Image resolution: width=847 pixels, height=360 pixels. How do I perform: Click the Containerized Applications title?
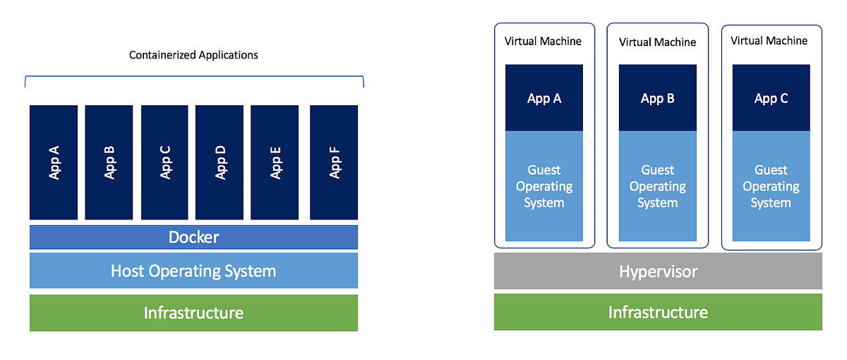click(193, 55)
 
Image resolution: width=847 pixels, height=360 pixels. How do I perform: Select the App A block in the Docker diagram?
click(53, 162)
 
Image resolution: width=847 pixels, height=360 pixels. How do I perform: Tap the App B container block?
click(109, 162)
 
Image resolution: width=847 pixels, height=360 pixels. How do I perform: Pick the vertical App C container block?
click(164, 162)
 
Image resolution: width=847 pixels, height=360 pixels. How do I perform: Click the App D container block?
click(219, 162)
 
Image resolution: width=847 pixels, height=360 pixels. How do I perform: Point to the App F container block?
click(334, 162)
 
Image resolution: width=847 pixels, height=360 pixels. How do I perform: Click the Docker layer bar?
click(193, 237)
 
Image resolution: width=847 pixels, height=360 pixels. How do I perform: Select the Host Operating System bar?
click(193, 270)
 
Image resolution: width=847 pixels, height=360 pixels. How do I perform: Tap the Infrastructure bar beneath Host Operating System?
click(193, 313)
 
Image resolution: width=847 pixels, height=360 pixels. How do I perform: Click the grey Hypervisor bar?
click(658, 271)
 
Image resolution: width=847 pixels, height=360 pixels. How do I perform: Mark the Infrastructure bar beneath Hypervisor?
click(658, 312)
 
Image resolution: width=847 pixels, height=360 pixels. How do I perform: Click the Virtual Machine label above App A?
click(543, 41)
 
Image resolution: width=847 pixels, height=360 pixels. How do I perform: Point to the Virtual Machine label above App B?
click(657, 42)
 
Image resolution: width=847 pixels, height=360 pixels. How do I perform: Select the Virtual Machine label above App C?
click(769, 41)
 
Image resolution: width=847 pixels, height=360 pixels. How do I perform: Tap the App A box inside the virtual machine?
click(544, 98)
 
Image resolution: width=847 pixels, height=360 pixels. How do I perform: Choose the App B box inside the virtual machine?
click(657, 98)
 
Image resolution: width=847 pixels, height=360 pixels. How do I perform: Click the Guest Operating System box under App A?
click(544, 186)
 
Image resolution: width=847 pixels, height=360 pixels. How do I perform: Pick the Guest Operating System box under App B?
click(657, 186)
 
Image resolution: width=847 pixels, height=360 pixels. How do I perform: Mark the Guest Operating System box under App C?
click(771, 186)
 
